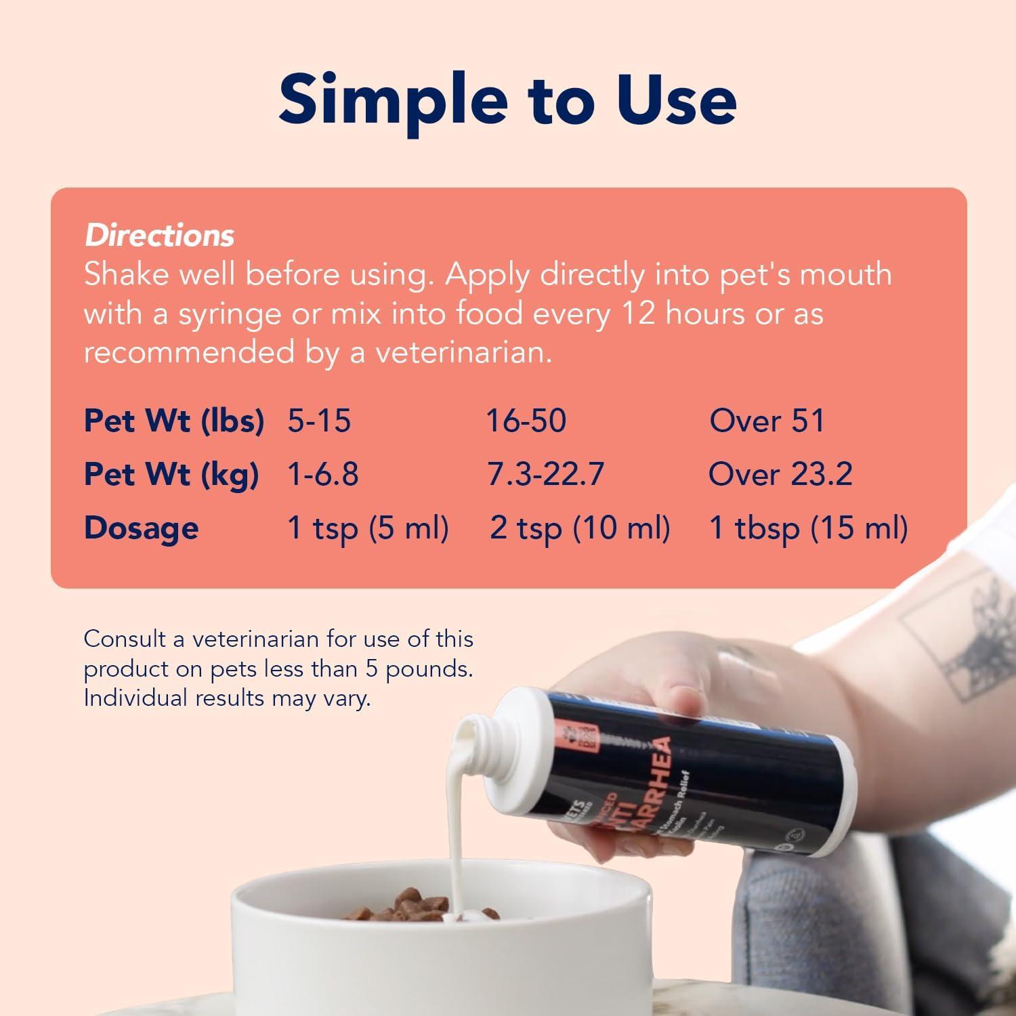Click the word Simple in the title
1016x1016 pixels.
point(393,100)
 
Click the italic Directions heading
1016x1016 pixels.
point(159,236)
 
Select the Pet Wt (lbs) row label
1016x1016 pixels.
point(173,421)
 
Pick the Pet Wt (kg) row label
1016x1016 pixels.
point(171,474)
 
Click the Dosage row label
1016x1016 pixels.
point(141,528)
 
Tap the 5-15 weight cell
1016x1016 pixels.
point(319,421)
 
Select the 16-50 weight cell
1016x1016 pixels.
point(526,421)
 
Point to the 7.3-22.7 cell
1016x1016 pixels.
point(545,474)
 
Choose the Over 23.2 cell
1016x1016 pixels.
point(780,474)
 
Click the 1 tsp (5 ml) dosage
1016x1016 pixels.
point(368,528)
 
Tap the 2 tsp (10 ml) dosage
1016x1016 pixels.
point(580,528)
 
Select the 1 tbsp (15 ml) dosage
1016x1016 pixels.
point(807,528)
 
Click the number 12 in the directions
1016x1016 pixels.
point(634,314)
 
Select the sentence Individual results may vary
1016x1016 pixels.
point(227,698)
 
